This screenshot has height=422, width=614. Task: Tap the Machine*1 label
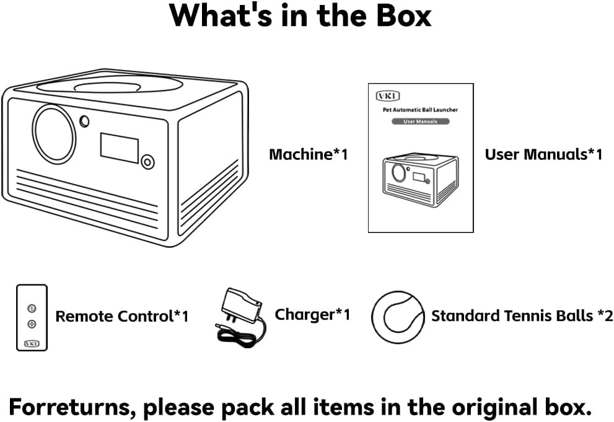click(x=309, y=154)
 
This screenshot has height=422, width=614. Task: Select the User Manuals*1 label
click(x=543, y=154)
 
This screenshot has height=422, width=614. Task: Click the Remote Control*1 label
click(x=122, y=316)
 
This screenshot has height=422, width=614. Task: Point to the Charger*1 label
click(x=312, y=314)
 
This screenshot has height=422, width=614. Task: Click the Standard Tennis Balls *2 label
click(x=522, y=315)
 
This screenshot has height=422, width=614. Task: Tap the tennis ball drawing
click(x=398, y=317)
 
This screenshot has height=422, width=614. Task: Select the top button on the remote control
click(x=32, y=309)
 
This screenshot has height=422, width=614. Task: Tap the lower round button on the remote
click(x=32, y=323)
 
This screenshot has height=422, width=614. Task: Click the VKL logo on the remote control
click(x=32, y=343)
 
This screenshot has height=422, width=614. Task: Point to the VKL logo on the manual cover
click(x=388, y=96)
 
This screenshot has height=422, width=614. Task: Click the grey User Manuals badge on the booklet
click(x=421, y=121)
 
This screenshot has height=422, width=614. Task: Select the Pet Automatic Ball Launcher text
click(x=420, y=110)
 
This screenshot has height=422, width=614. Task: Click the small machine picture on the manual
click(x=420, y=180)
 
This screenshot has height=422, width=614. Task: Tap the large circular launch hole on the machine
click(x=55, y=134)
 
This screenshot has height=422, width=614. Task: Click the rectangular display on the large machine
click(x=120, y=147)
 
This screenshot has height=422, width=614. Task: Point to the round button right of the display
click(x=147, y=162)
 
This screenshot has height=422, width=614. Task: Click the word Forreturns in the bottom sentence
click(x=69, y=407)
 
